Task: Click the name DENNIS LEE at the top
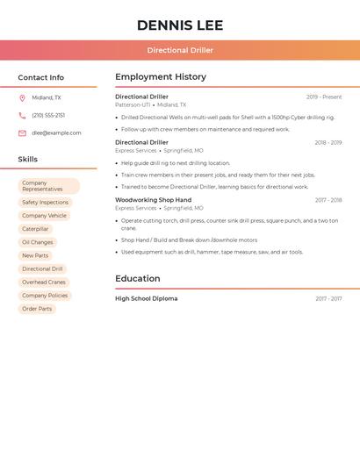[x=180, y=25]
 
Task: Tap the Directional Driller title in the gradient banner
[x=180, y=50]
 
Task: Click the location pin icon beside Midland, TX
[x=22, y=98]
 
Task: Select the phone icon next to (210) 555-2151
[x=22, y=116]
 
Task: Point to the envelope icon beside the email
[x=22, y=133]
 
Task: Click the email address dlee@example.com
[x=56, y=133]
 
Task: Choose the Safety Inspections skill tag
[x=45, y=203]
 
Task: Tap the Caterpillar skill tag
[x=35, y=229]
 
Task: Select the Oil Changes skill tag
[x=38, y=242]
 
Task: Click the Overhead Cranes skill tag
[x=44, y=283]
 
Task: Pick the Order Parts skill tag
[x=37, y=309]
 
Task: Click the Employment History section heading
[x=161, y=77]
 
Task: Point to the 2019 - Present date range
[x=324, y=97]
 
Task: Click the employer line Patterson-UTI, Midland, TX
[x=150, y=104]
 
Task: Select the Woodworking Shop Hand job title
[x=153, y=200]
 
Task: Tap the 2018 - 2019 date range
[x=328, y=142]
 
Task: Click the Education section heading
[x=138, y=279]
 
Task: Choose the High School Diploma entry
[x=146, y=299]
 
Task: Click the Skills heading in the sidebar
[x=28, y=160]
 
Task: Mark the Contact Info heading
[x=41, y=77]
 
